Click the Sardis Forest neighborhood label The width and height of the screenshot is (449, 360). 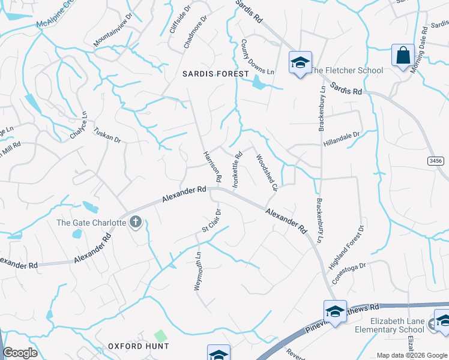click(x=215, y=74)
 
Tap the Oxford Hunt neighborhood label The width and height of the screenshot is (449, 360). click(x=139, y=346)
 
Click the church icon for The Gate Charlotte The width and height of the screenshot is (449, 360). click(x=136, y=223)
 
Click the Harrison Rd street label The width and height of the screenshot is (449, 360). click(x=212, y=166)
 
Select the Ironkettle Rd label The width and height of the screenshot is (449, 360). click(x=238, y=170)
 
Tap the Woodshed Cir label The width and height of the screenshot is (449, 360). click(x=266, y=172)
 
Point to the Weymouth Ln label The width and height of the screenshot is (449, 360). click(x=197, y=272)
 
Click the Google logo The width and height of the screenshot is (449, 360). click(x=20, y=353)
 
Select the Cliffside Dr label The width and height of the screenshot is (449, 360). click(x=180, y=20)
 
